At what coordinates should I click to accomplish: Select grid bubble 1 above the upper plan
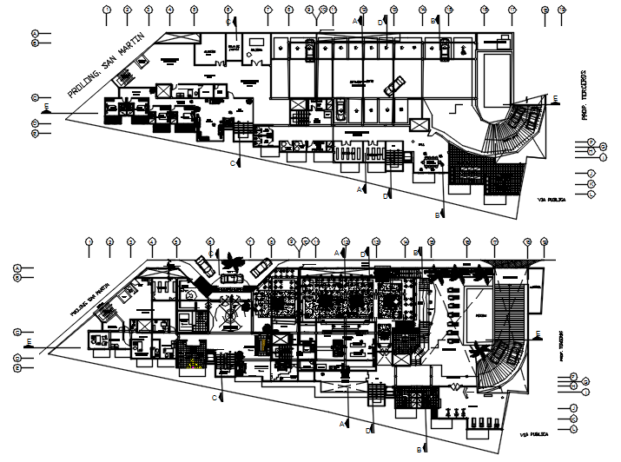(106, 10)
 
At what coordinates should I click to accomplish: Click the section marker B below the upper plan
(438, 214)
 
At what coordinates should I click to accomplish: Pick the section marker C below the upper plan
(233, 162)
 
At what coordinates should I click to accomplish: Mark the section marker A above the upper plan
(354, 19)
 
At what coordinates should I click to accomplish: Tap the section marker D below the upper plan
(385, 196)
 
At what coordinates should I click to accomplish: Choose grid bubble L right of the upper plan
(591, 195)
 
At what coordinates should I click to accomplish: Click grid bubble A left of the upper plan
(36, 33)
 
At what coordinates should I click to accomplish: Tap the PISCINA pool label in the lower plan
(479, 316)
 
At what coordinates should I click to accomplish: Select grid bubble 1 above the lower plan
(89, 242)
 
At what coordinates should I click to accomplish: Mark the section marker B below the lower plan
(420, 449)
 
